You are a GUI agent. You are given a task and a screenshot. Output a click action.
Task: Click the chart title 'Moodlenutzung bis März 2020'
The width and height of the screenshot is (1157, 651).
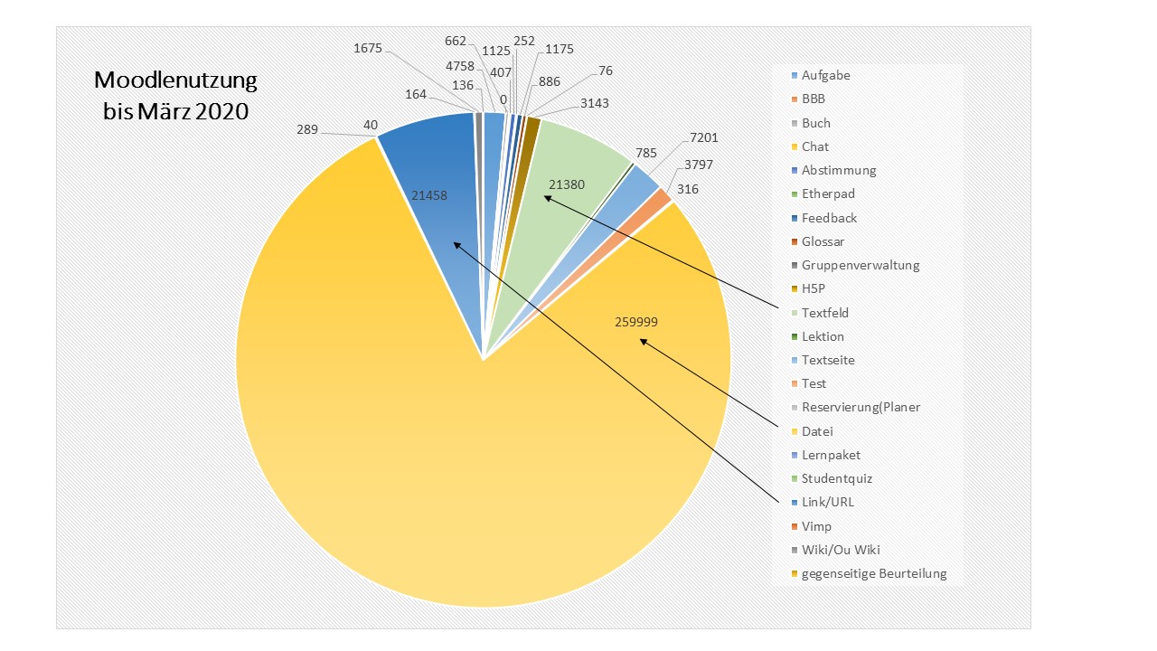pos(175,97)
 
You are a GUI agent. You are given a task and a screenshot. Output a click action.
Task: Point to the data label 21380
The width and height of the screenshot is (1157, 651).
pos(567,184)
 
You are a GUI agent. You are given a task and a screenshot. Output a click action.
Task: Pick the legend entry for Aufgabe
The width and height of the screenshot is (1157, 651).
pos(825,76)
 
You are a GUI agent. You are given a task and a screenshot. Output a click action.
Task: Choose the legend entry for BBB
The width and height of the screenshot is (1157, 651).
pos(813,99)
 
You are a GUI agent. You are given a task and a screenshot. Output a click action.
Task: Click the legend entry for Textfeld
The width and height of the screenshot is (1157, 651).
pos(824,313)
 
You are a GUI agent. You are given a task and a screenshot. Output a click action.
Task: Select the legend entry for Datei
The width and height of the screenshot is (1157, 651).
pos(817,431)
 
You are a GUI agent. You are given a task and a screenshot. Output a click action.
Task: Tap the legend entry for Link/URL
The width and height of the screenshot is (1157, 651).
pos(827,502)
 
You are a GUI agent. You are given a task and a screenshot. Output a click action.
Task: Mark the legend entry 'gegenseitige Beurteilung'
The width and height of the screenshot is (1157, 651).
pos(873,573)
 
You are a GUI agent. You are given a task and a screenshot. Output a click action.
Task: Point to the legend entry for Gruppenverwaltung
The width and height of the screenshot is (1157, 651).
pos(860,265)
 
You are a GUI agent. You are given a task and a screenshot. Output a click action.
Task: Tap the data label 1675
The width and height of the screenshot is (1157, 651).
pos(368,48)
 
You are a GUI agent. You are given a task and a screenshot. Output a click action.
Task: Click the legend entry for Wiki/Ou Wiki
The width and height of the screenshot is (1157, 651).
pos(840,550)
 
